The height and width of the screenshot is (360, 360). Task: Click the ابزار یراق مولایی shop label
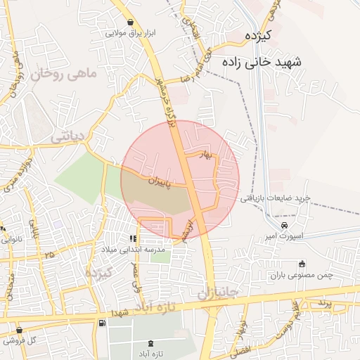125,33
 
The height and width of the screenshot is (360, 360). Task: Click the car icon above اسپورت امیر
283,225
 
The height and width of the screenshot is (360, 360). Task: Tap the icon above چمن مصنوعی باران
302,264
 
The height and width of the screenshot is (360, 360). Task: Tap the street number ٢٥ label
49,253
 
